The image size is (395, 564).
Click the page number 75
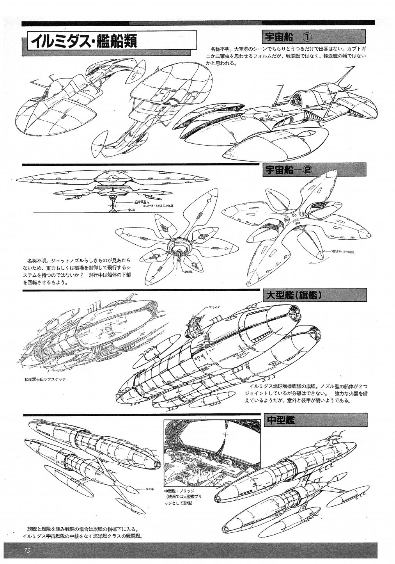click(27, 550)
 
